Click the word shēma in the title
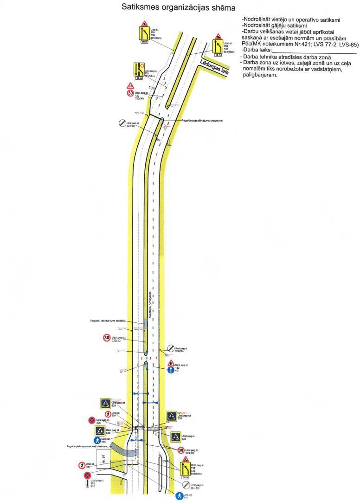point(219,7)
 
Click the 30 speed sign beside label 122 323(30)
point(131,94)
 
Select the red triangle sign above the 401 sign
point(171,363)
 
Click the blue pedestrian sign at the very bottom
point(179,496)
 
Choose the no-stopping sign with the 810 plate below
point(87,475)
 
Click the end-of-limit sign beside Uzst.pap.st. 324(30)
point(122,123)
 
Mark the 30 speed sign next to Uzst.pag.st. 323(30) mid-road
point(106,338)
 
